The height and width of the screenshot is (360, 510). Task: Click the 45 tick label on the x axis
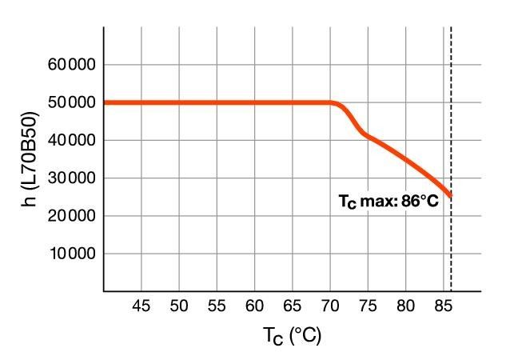point(141,306)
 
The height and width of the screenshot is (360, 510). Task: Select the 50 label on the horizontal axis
point(179,306)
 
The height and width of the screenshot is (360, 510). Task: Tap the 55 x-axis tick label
point(217,306)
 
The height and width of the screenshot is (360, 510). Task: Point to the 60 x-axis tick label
point(255,306)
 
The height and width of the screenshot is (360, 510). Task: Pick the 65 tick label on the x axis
point(293,306)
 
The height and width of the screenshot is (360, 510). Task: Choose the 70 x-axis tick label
point(330,306)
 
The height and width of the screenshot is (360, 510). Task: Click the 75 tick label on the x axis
point(368,306)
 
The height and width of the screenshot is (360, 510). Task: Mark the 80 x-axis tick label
point(405,306)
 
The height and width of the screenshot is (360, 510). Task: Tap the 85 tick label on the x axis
point(443,306)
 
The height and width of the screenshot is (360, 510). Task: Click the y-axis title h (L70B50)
point(30,159)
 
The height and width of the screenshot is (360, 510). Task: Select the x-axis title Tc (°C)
point(292,337)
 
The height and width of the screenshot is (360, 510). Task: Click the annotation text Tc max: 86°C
point(388,202)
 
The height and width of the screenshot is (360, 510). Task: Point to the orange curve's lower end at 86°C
point(451,195)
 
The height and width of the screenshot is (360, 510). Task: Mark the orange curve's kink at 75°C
point(366,134)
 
